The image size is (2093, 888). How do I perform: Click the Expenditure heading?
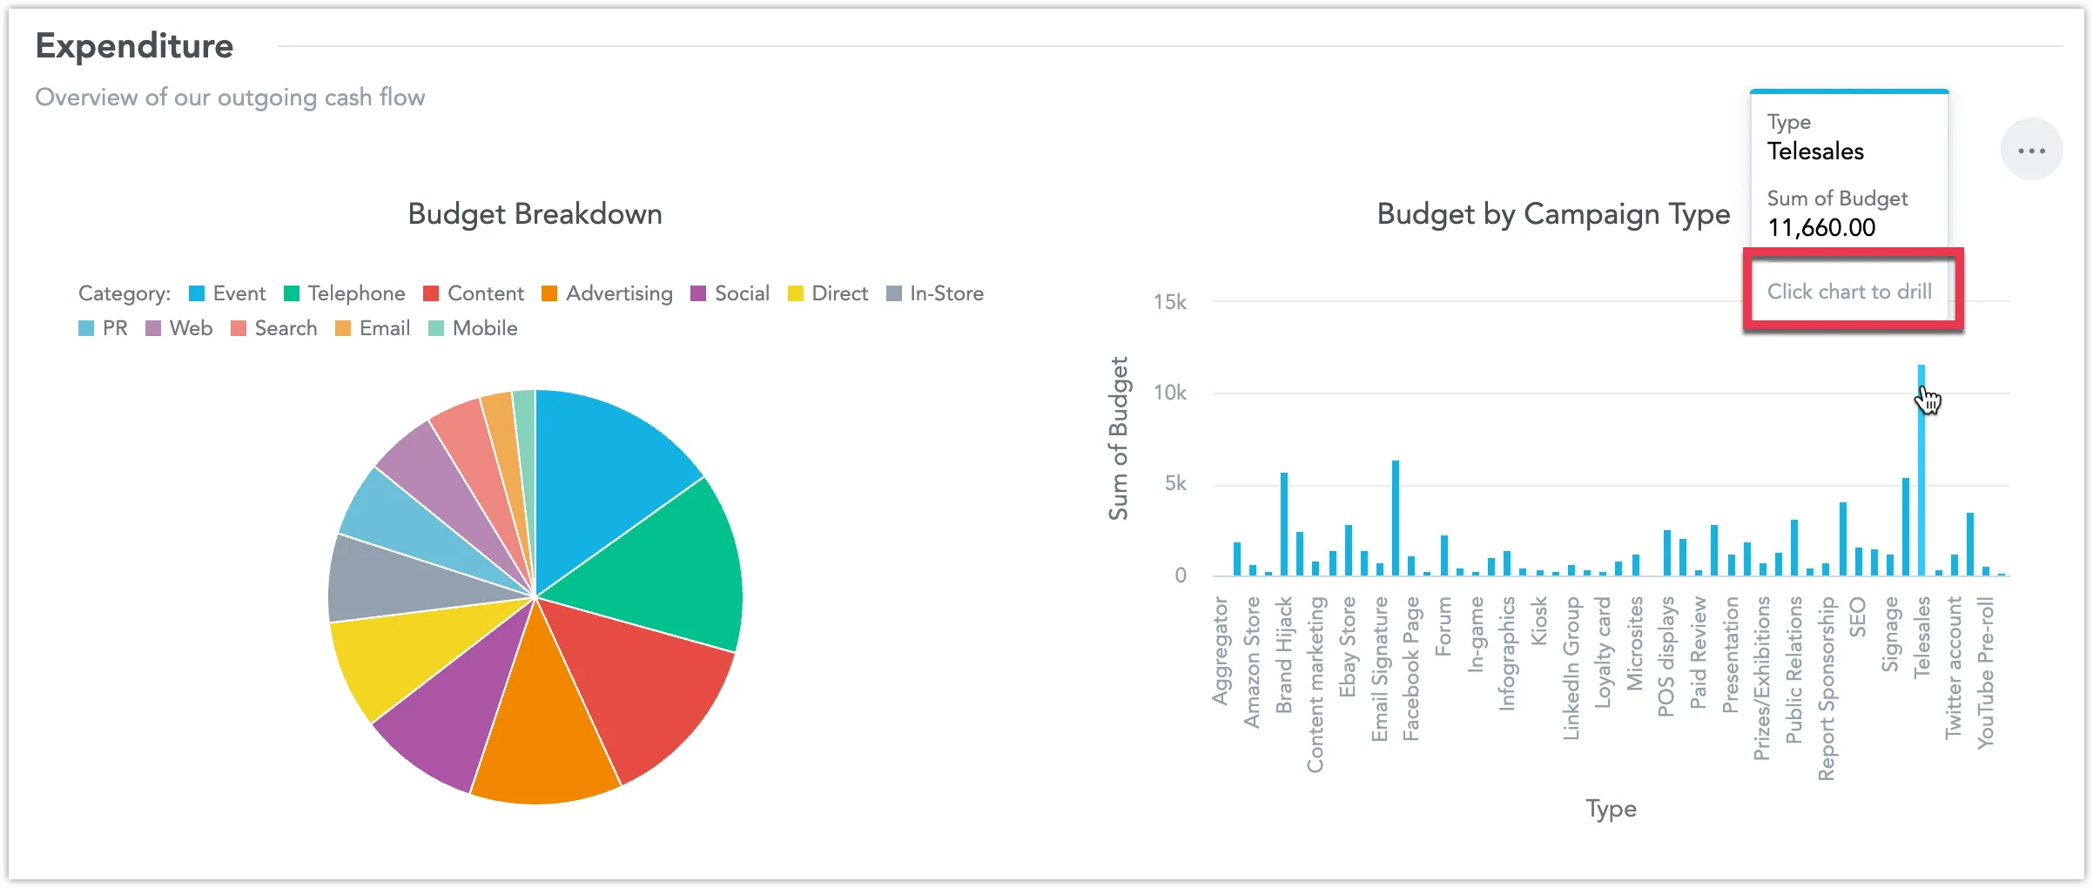tap(134, 46)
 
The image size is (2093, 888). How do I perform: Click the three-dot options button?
tap(2031, 151)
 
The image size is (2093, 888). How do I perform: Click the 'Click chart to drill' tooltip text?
tap(1849, 292)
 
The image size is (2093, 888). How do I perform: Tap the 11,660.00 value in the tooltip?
tap(1820, 228)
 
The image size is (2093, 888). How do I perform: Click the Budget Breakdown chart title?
tap(535, 214)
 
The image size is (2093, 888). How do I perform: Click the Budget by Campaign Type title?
tap(1552, 214)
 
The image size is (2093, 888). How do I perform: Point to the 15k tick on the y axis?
tap(1169, 302)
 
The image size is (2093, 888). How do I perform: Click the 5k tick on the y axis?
tap(1174, 484)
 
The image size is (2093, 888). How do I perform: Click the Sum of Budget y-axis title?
tap(1119, 438)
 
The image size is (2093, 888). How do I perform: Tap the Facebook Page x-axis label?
tap(1411, 669)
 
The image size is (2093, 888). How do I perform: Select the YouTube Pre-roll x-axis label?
tap(1985, 672)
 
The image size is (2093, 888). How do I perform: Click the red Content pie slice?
tap(644, 688)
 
